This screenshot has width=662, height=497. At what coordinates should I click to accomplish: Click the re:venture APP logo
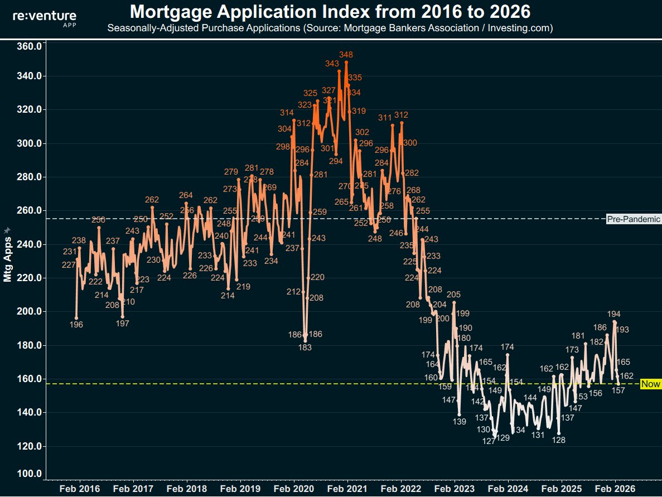pyautogui.click(x=45, y=18)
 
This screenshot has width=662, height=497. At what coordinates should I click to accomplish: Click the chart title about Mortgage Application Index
pyautogui.click(x=330, y=11)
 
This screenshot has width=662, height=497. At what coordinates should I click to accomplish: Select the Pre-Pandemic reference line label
pyautogui.click(x=633, y=219)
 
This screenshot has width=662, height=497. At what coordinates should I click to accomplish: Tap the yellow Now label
pyautogui.click(x=650, y=384)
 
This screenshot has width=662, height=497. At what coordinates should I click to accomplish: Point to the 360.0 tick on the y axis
pyautogui.click(x=30, y=46)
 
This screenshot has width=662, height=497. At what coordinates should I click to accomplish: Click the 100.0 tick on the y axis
pyautogui.click(x=30, y=474)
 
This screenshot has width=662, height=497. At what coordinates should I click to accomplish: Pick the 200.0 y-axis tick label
pyautogui.click(x=30, y=311)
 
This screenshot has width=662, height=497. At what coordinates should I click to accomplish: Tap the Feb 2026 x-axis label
pyautogui.click(x=615, y=489)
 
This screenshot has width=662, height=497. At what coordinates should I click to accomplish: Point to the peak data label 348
pyautogui.click(x=346, y=55)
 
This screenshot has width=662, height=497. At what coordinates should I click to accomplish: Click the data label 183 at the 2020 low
pyautogui.click(x=305, y=348)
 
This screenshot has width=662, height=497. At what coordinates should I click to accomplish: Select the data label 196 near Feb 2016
pyautogui.click(x=76, y=325)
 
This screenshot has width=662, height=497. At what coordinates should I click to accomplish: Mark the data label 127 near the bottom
pyautogui.click(x=489, y=441)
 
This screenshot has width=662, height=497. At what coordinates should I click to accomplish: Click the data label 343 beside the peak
pyautogui.click(x=332, y=64)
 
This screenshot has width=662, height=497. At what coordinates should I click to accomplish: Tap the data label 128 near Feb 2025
pyautogui.click(x=558, y=440)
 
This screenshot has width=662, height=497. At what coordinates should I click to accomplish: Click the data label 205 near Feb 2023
pyautogui.click(x=453, y=295)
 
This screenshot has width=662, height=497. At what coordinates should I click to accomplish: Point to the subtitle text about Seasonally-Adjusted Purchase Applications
pyautogui.click(x=330, y=27)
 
